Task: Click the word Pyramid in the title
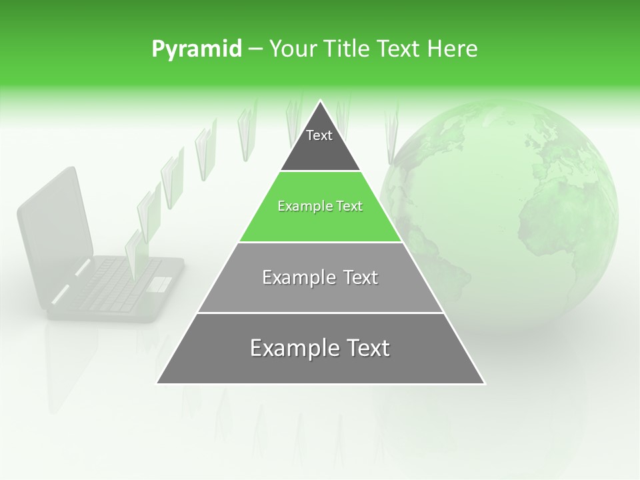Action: [197, 49]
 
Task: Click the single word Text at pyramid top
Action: [319, 135]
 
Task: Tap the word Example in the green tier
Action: [299, 207]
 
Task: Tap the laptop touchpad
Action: [159, 283]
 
